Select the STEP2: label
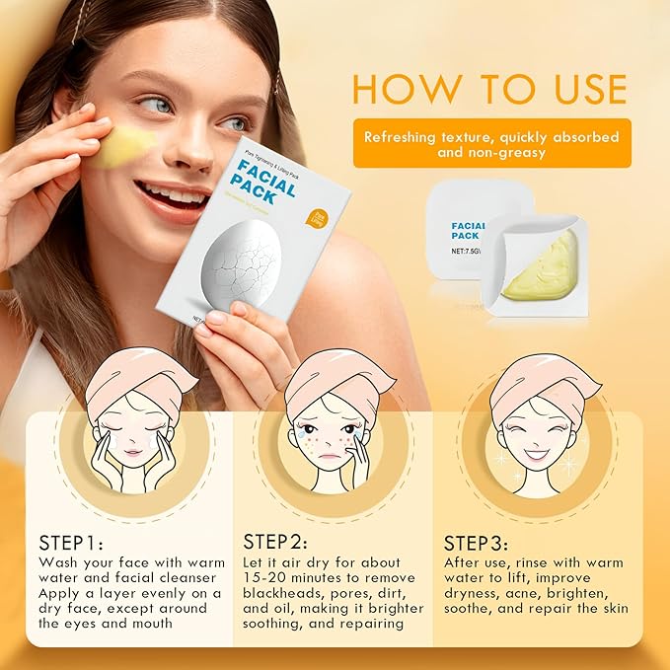click(x=274, y=544)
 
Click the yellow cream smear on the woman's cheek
click(x=126, y=145)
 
